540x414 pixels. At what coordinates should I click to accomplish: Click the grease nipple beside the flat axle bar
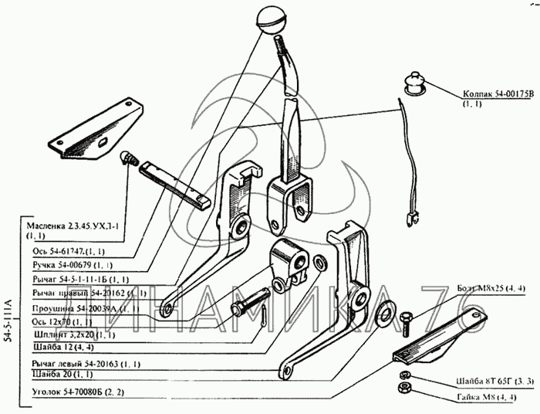[x=127, y=158]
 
